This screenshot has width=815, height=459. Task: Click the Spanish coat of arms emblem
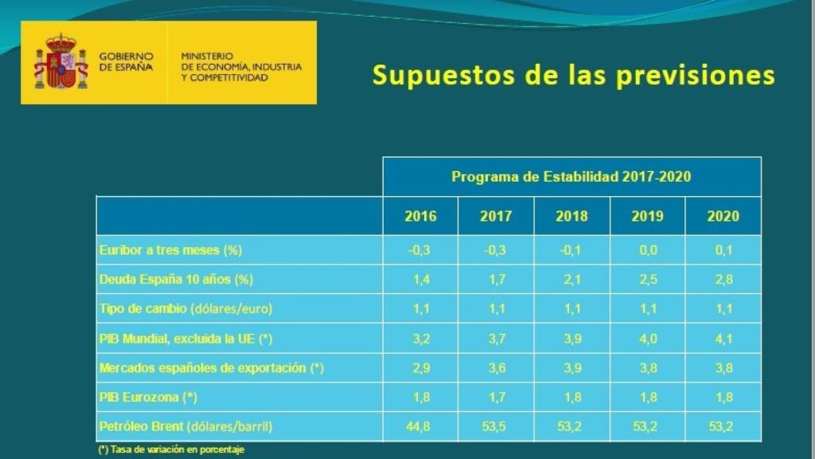(60, 62)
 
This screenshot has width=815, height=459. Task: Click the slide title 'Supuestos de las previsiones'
(573, 75)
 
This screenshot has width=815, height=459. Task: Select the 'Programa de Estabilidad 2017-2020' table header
(571, 177)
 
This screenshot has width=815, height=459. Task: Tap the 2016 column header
(420, 216)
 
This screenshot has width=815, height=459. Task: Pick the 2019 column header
(647, 216)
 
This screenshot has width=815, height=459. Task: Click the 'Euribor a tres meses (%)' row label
(170, 250)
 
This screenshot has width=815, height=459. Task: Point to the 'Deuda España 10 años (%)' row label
(176, 280)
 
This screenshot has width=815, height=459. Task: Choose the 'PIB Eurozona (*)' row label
(148, 397)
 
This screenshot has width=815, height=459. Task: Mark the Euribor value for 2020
(723, 250)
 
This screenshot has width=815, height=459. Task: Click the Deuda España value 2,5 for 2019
(647, 280)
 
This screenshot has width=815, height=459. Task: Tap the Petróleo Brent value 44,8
(420, 426)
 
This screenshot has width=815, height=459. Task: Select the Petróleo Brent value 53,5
(496, 426)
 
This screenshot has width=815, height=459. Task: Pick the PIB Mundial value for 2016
(420, 339)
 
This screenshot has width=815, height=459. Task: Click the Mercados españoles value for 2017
(496, 368)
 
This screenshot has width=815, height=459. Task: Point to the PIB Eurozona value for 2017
(496, 397)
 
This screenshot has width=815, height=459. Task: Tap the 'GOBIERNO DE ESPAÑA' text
(126, 62)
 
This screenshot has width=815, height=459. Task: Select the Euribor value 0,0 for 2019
(647, 250)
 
